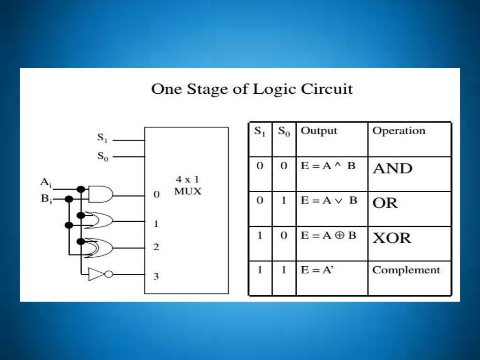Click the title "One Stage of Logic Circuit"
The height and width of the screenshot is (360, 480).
[x=252, y=89]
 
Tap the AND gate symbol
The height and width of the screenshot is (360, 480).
[x=100, y=194]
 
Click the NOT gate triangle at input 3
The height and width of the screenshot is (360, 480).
[x=96, y=274]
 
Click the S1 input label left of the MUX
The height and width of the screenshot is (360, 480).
[x=102, y=138]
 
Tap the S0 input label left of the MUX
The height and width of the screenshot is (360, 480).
[x=102, y=157]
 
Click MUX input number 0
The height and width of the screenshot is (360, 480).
[x=157, y=194]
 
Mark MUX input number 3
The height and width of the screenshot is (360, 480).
[x=156, y=276]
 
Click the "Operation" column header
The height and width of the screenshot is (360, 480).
[x=398, y=131]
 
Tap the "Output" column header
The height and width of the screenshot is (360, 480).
[x=319, y=131]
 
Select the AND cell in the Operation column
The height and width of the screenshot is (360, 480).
[x=392, y=168]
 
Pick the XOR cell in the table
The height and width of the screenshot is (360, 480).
[x=392, y=238]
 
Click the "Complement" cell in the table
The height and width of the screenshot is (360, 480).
[x=406, y=270]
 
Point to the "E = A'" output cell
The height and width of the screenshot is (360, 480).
[x=317, y=270]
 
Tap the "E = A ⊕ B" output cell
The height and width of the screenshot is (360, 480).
[x=328, y=235]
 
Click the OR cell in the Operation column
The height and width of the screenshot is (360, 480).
[x=385, y=203]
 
